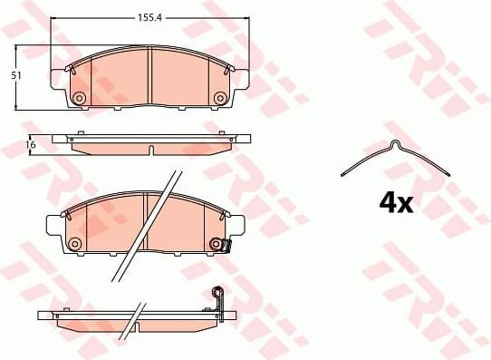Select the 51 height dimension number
tap(15, 76)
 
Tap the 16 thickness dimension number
tap(30, 144)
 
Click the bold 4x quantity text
tap(395, 202)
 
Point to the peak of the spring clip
tap(393, 142)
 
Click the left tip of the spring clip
tap(342, 174)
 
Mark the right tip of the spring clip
tap(450, 172)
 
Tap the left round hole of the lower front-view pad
tap(75, 243)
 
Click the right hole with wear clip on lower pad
tap(216, 243)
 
